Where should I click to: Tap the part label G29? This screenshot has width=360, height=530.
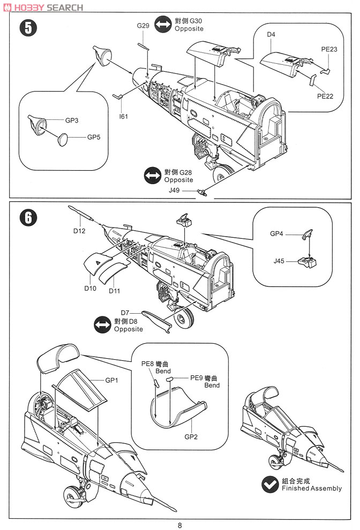click(142, 26)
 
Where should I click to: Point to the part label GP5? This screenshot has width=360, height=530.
click(94, 137)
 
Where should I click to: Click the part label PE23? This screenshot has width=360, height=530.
click(329, 49)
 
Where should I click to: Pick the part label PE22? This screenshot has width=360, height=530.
click(325, 96)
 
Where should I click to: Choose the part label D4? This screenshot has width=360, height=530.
click(271, 35)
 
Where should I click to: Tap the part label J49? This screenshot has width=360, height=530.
click(188, 191)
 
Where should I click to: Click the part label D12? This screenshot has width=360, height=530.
click(80, 231)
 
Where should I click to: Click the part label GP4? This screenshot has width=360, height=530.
click(278, 234)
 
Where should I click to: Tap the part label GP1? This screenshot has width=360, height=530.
click(111, 380)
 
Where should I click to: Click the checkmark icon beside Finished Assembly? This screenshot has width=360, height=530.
click(270, 484)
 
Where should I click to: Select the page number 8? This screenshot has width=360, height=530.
click(180, 525)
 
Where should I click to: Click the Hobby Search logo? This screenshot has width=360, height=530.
click(43, 7)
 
